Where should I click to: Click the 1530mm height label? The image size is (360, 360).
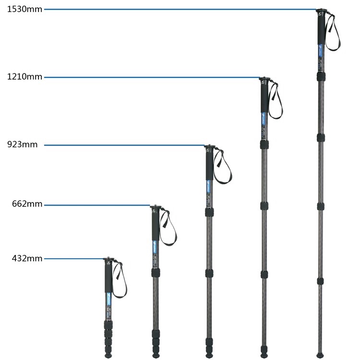[x=24, y=9]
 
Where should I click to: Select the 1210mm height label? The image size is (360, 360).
[x=24, y=77]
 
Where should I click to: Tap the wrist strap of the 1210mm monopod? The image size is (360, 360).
[x=276, y=101]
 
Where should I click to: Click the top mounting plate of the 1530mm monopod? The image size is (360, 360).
[x=320, y=9]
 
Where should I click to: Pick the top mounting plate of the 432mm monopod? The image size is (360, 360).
[x=108, y=259]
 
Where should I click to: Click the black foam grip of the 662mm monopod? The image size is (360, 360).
[x=156, y=226]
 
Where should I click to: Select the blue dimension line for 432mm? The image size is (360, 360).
[x=74, y=259]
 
